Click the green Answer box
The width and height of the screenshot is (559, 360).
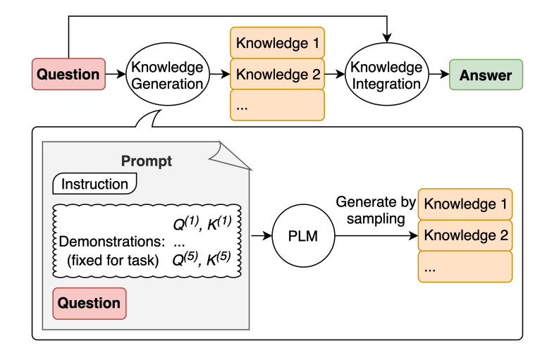pyautogui.click(x=486, y=75)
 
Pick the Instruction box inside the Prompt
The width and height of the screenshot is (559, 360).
pyautogui.click(x=94, y=185)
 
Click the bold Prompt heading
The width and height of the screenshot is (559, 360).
pyautogui.click(x=146, y=161)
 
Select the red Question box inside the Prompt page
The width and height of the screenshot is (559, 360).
pyautogui.click(x=89, y=304)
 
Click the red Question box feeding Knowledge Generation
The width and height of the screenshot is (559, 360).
pyautogui.click(x=68, y=75)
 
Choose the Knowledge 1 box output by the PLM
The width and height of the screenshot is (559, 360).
pyautogui.click(x=465, y=205)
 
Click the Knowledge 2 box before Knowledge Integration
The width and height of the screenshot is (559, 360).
pyautogui.click(x=277, y=75)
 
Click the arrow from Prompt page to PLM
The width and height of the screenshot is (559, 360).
pyautogui.click(x=262, y=237)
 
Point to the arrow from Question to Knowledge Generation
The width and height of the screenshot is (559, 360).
pyautogui.click(x=114, y=75)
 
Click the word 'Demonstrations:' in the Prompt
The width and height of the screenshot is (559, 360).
pyautogui.click(x=111, y=241)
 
